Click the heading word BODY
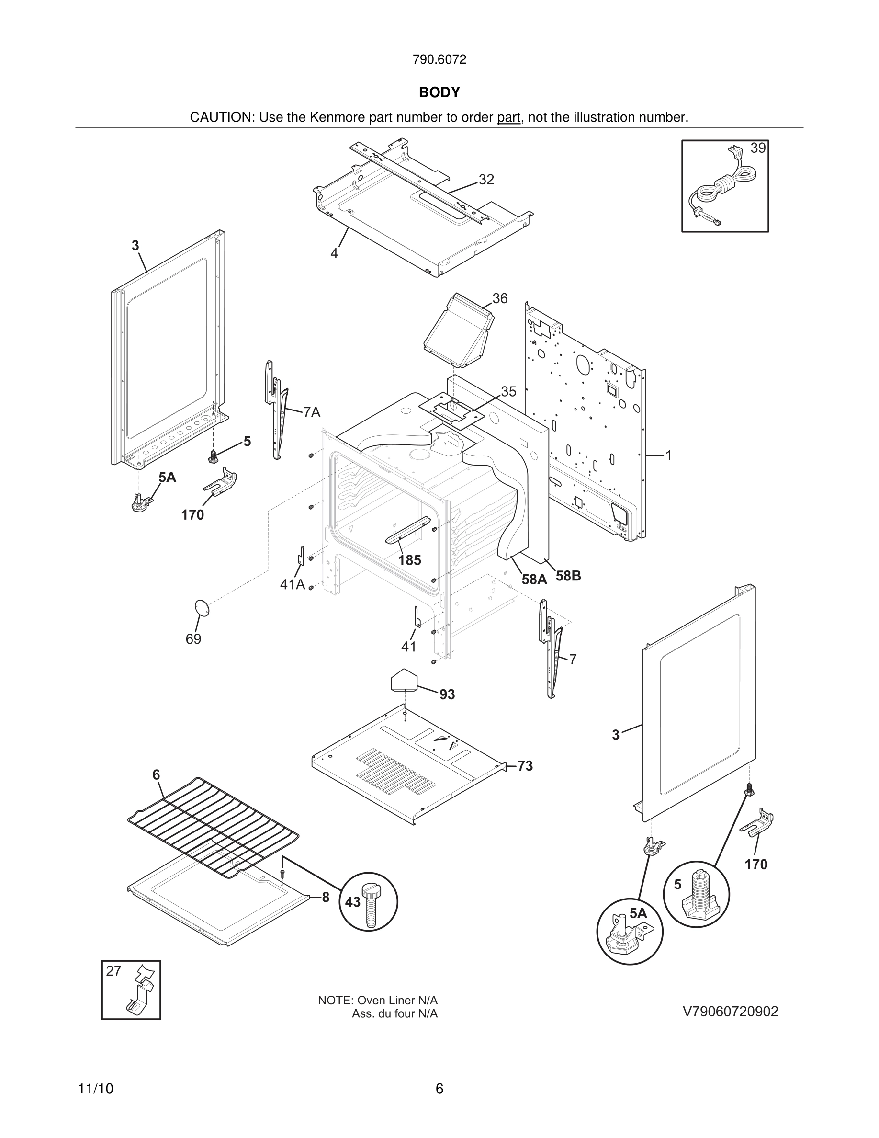[x=439, y=92]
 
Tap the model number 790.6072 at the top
[x=439, y=59]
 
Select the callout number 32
[x=486, y=180]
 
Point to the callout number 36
[x=499, y=298]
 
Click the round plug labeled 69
[x=202, y=608]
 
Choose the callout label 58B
[x=568, y=576]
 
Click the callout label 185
[x=409, y=560]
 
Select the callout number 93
[x=447, y=694]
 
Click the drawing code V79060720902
[x=730, y=1012]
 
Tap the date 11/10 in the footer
[x=95, y=1089]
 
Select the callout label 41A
[x=292, y=585]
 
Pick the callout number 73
[x=525, y=766]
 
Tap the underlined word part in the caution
[x=508, y=117]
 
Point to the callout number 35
[x=508, y=391]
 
